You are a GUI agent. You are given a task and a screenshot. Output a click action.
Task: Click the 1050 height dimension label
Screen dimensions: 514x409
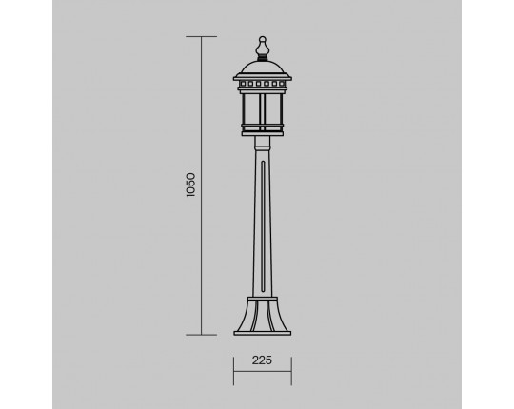coord(190,185)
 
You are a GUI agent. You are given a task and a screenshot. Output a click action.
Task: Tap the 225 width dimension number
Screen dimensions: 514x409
coord(262,360)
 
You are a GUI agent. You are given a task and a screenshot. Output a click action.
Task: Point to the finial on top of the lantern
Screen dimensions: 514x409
coord(263,49)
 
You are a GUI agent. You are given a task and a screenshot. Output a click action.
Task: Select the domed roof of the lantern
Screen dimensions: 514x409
coord(263,68)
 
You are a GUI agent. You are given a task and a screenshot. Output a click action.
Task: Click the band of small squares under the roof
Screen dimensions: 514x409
coord(263,84)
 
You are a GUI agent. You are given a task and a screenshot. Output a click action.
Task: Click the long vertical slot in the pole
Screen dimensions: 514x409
coord(263,226)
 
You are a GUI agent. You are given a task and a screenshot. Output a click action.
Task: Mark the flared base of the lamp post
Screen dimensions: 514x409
coord(263,315)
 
